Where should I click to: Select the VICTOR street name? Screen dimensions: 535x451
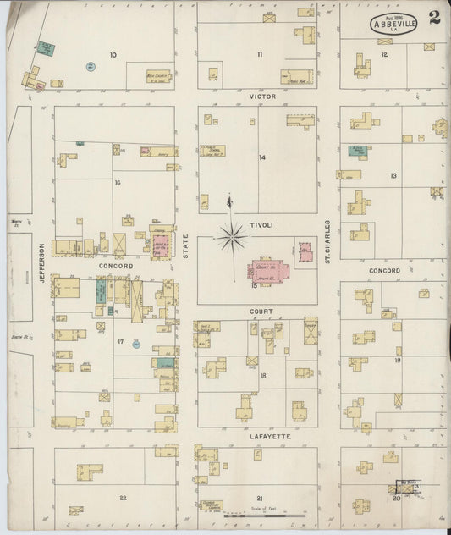[261, 97]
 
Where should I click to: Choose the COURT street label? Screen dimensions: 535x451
[260, 312]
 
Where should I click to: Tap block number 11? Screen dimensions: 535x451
[260, 55]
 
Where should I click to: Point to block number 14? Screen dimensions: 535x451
[262, 157]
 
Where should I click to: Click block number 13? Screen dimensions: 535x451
[393, 175]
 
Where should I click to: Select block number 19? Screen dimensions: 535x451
[397, 360]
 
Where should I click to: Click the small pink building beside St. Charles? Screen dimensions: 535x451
[305, 252]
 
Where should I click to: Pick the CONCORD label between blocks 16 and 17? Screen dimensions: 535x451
[117, 266]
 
